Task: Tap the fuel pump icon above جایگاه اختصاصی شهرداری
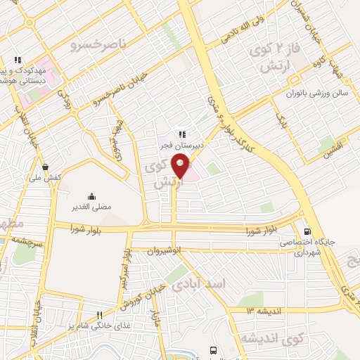click(307, 232)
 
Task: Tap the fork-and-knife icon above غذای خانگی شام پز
click(99, 315)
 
